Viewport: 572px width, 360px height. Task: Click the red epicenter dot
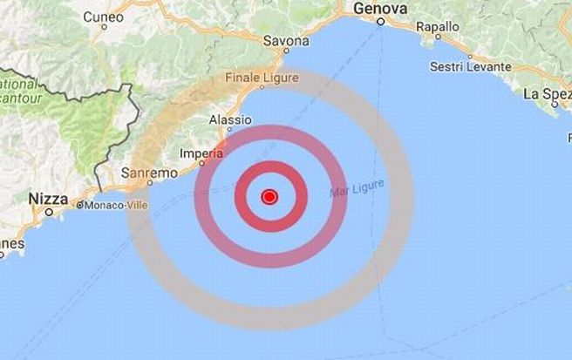point(269,197)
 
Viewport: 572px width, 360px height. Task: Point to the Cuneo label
point(104,17)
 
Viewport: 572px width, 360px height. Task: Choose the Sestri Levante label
point(472,66)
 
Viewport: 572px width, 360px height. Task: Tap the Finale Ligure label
point(262,78)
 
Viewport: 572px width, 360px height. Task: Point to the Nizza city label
point(47,199)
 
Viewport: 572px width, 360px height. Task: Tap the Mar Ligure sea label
point(357,188)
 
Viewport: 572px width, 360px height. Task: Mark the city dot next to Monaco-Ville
point(78,207)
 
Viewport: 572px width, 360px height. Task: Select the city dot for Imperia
point(201,163)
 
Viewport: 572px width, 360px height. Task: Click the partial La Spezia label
point(548,92)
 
